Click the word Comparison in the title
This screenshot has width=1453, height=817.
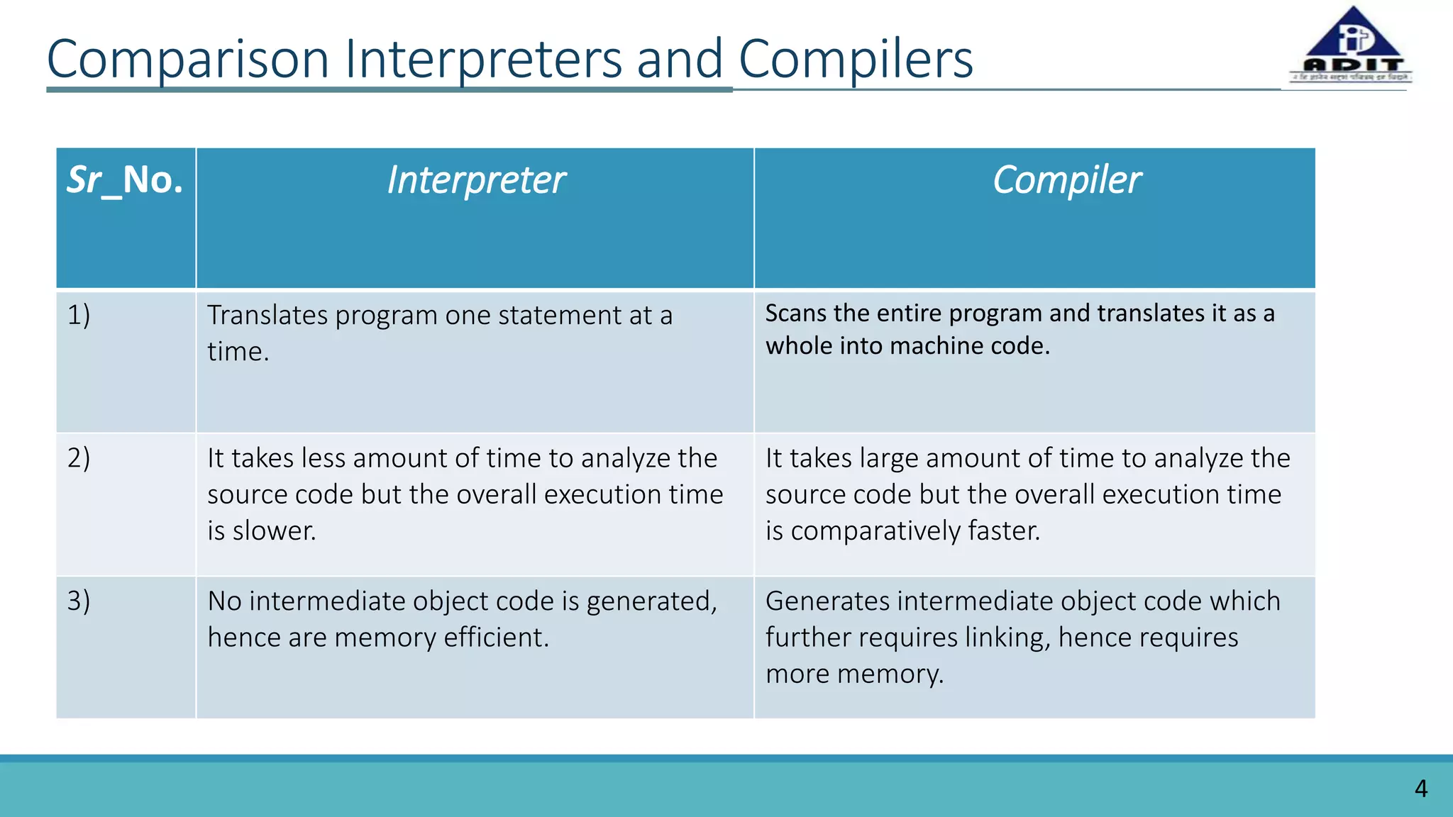click(x=187, y=60)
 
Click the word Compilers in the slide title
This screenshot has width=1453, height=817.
click(x=856, y=60)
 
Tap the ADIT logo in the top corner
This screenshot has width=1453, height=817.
click(x=1352, y=47)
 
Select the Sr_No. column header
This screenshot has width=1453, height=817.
click(x=126, y=180)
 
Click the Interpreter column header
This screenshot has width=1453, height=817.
click(x=476, y=180)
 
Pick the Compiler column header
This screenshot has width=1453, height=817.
click(x=1066, y=180)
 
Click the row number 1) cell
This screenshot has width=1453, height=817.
click(x=79, y=315)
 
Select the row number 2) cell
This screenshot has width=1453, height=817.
click(x=79, y=458)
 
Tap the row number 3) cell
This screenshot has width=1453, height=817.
click(x=79, y=601)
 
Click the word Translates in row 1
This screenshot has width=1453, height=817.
click(x=267, y=316)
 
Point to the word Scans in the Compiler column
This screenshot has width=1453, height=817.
click(x=796, y=313)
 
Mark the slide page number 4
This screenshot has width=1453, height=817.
click(x=1420, y=789)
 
